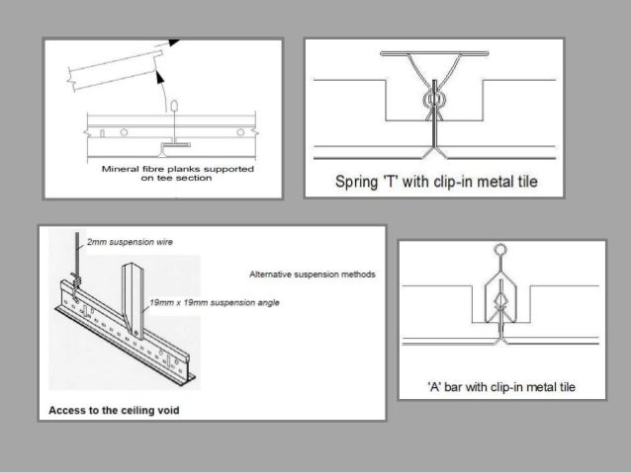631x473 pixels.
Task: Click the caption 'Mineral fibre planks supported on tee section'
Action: (177, 173)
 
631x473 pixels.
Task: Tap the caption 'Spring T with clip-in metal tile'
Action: (436, 182)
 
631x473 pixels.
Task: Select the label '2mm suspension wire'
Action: (130, 242)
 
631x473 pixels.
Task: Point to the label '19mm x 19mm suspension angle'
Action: (215, 302)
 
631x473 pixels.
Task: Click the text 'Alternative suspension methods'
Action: (313, 275)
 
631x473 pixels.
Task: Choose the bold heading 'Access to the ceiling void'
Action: (114, 411)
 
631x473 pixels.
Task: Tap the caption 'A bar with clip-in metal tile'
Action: (501, 387)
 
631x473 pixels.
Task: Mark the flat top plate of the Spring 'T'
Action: (434, 53)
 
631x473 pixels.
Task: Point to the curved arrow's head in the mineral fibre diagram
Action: (160, 77)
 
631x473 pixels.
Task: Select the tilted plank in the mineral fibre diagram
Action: (115, 70)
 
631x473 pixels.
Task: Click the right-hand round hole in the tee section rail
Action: (240, 132)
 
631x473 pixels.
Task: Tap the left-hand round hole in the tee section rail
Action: (124, 132)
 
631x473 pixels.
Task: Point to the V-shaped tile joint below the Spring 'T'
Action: (434, 153)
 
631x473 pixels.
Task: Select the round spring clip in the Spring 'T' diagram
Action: (434, 99)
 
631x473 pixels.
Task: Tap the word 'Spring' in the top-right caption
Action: (356, 182)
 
